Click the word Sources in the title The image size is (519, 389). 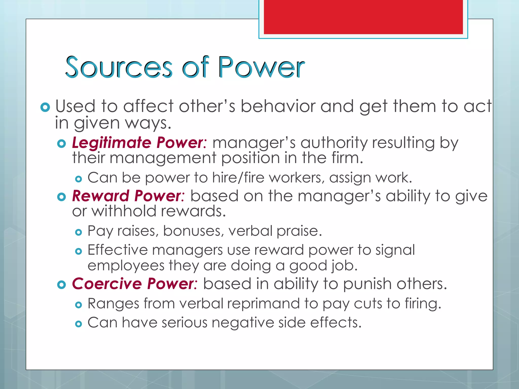[x=119, y=67]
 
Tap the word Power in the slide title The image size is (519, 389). [x=261, y=67]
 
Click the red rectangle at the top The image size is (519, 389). [x=363, y=17]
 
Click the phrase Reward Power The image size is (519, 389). [x=128, y=196]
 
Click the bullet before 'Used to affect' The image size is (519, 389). [x=45, y=108]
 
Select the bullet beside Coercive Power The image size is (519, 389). [x=62, y=285]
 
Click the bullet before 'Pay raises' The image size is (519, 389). [x=79, y=232]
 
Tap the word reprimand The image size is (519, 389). [x=263, y=303]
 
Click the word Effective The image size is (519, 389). [x=117, y=250]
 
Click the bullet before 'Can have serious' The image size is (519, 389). [x=79, y=324]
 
